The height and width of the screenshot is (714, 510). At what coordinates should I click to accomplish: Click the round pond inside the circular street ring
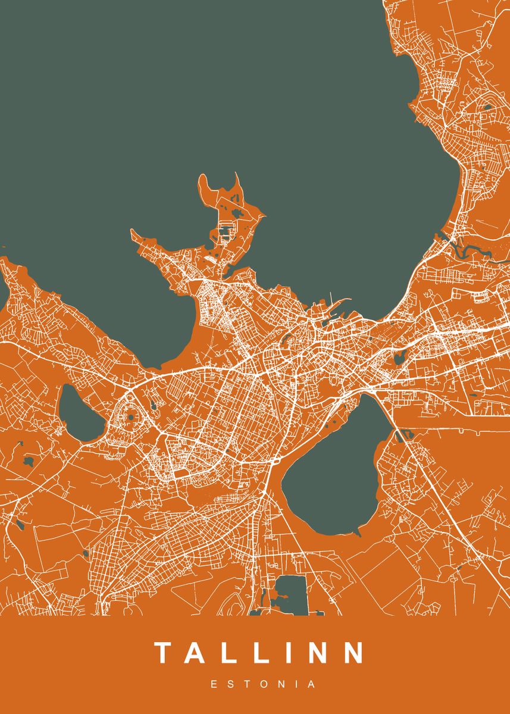[131, 416]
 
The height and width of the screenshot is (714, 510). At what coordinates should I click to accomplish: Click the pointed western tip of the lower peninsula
[134, 233]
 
